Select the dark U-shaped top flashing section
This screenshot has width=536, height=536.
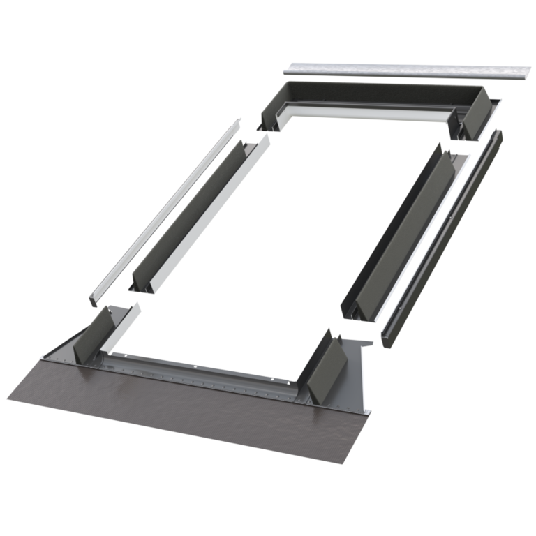pos(377,95)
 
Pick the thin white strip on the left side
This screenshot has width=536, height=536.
pos(161,209)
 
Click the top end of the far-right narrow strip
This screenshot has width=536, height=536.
pos(497,134)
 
